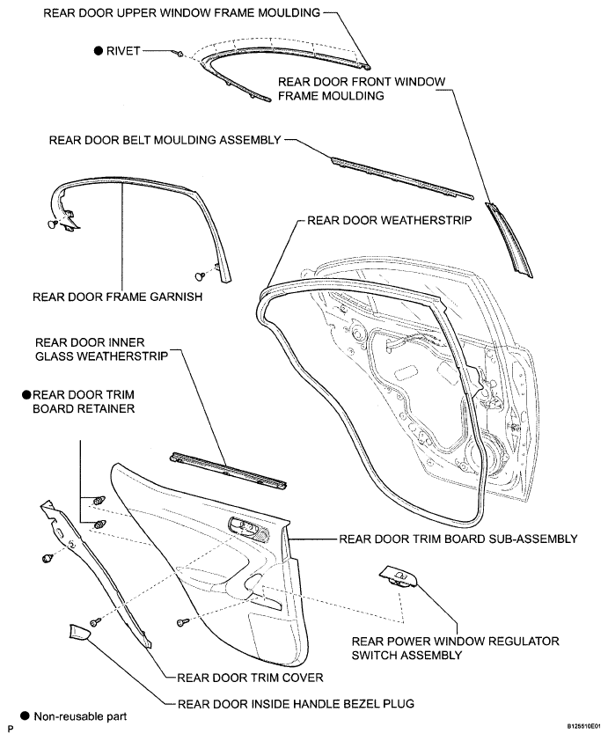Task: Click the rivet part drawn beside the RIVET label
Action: click(x=179, y=53)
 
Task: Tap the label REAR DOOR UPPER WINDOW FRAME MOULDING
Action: click(x=182, y=12)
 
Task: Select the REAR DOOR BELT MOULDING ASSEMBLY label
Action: click(x=165, y=140)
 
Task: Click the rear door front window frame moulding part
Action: click(x=509, y=239)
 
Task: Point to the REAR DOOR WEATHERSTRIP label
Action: click(x=389, y=220)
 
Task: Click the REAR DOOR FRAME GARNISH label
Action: click(x=118, y=297)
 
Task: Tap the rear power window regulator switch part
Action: click(x=399, y=576)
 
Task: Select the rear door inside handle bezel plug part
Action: click(x=80, y=632)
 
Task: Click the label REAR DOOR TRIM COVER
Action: click(x=250, y=678)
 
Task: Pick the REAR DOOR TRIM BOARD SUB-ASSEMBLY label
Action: click(x=458, y=539)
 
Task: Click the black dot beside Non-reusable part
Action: click(x=25, y=716)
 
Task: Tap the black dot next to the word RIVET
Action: click(x=99, y=50)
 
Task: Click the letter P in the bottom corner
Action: click(x=10, y=730)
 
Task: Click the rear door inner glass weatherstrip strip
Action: click(x=228, y=470)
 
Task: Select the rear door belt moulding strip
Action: click(x=401, y=177)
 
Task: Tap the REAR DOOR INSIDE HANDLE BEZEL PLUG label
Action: click(x=296, y=704)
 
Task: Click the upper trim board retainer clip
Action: click(x=99, y=501)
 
